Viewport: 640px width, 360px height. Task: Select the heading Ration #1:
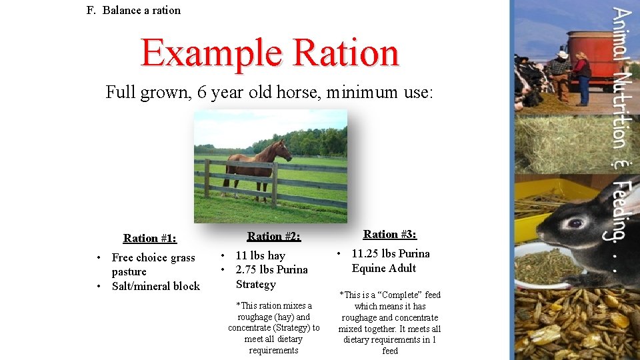150,238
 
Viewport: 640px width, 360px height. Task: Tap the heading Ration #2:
273,236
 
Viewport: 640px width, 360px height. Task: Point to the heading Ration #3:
390,234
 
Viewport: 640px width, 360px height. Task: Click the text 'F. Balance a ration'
133,10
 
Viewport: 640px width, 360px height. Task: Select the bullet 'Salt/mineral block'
156,286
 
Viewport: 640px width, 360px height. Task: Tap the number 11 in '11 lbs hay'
242,255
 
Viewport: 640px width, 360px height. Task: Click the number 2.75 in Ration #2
249,269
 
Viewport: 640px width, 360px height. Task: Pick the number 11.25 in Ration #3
366,253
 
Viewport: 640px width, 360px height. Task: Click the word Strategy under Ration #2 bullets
255,284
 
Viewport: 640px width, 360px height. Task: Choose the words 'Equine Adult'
384,268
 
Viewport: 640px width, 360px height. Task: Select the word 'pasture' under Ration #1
129,271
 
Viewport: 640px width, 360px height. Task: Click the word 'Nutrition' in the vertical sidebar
621,111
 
